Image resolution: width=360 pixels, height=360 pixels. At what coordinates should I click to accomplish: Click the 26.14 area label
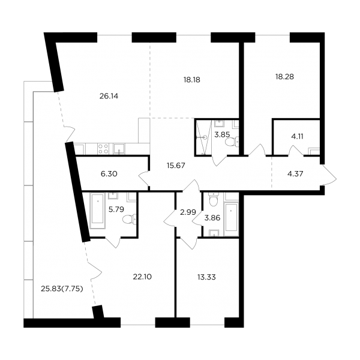tap(109, 96)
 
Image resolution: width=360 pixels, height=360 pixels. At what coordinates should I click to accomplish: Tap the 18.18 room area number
tap(192, 80)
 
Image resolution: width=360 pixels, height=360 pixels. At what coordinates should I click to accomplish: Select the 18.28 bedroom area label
tap(284, 77)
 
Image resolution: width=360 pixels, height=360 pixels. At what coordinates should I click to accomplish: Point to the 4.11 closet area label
tap(297, 136)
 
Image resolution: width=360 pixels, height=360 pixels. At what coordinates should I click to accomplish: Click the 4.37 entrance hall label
tap(295, 174)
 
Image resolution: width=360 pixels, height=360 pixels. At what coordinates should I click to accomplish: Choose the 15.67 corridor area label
tap(176, 166)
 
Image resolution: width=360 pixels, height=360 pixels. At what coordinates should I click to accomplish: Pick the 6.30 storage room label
tap(109, 174)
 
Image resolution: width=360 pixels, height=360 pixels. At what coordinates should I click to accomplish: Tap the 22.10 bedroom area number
tap(142, 277)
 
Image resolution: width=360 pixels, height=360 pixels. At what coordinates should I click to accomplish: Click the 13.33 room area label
tap(206, 277)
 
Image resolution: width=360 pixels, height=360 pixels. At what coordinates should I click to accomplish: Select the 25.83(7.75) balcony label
tap(62, 289)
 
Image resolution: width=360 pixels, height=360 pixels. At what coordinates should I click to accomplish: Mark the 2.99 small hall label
tap(188, 212)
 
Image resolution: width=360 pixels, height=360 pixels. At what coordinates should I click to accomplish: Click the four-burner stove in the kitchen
tap(103, 149)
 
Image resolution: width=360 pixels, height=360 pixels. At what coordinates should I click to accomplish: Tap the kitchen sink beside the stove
tap(119, 149)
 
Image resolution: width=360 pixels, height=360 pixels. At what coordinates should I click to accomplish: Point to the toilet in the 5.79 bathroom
tap(130, 219)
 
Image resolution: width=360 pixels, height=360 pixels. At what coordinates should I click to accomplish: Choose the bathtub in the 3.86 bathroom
tap(231, 217)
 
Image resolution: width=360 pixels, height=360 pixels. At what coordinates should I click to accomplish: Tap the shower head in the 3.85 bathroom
tap(205, 137)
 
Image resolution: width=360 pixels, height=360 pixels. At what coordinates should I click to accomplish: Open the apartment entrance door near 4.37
tap(329, 175)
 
